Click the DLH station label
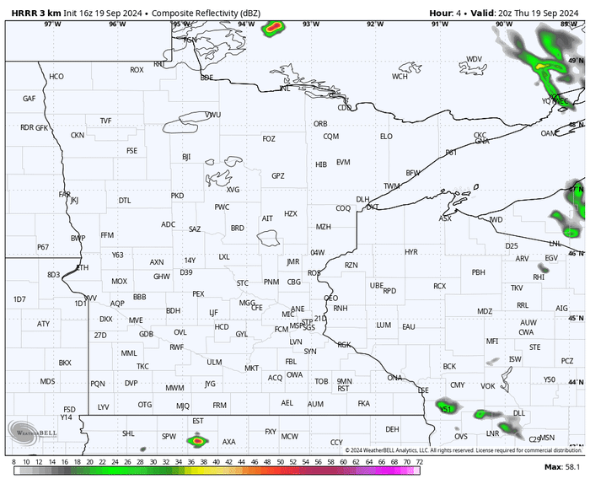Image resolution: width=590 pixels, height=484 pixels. point(362,200)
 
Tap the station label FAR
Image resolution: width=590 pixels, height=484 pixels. point(65,194)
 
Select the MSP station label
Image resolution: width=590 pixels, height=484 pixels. point(296,325)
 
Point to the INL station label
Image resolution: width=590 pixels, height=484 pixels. point(285,88)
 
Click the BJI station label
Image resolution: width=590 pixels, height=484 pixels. point(186,157)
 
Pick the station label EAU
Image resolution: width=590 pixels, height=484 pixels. point(409,326)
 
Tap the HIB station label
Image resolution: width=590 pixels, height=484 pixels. point(321,164)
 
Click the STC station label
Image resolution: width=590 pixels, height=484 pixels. point(243,282)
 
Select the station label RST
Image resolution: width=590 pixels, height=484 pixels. point(343,389)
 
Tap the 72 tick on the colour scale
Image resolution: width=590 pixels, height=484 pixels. point(419,462)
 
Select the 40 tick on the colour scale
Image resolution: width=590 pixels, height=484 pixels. point(217,462)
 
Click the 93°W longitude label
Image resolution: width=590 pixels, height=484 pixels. point(311,24)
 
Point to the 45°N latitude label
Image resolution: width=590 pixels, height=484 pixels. point(576,319)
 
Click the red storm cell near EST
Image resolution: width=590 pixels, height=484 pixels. point(198,439)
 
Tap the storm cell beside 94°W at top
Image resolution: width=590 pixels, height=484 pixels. point(271,28)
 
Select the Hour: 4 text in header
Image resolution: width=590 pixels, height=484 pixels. point(447,13)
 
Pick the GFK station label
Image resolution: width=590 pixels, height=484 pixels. point(42,127)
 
